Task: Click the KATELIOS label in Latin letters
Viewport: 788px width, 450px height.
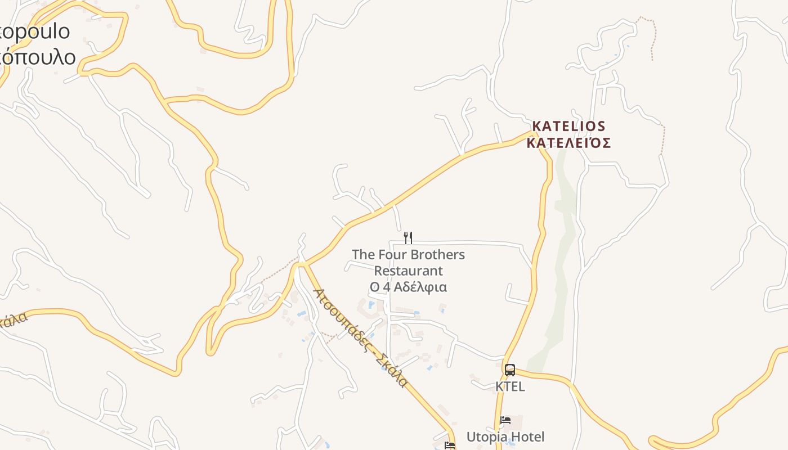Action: pos(568,126)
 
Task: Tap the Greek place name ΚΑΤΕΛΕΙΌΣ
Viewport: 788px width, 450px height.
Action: pos(568,143)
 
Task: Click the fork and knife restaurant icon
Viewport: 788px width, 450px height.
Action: pos(408,237)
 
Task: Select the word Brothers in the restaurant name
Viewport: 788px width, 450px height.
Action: pos(437,255)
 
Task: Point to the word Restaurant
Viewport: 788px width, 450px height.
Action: pos(408,271)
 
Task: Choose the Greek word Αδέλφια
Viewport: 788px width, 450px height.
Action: pos(420,287)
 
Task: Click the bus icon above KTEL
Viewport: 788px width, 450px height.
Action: pos(510,370)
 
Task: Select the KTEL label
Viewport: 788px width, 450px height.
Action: pos(510,386)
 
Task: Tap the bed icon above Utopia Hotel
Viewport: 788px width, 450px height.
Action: pos(505,420)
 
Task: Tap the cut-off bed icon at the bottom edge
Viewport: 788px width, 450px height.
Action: pos(449,445)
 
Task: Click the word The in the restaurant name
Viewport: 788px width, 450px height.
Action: pos(363,255)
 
